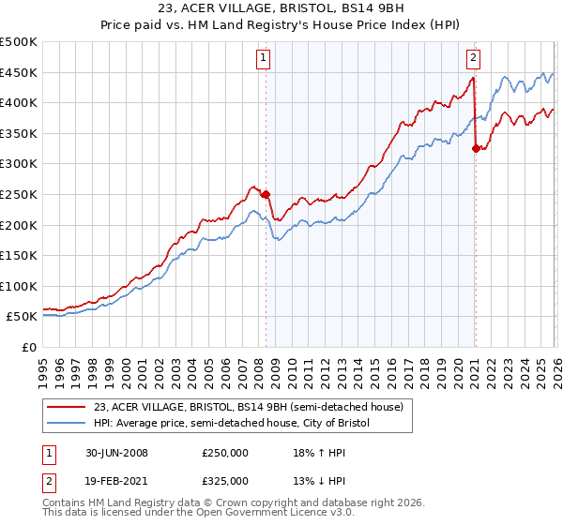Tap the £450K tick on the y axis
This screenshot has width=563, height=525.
tap(20, 72)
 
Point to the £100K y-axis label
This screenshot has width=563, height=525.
tap(20, 286)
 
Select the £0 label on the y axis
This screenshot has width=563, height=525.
tap(30, 347)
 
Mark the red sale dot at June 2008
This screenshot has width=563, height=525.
tap(266, 195)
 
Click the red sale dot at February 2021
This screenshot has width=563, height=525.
tap(476, 148)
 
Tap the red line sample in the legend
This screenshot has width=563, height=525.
tap(68, 407)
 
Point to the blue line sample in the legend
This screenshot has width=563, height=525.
tap(68, 423)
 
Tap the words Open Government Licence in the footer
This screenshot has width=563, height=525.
tap(271, 515)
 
